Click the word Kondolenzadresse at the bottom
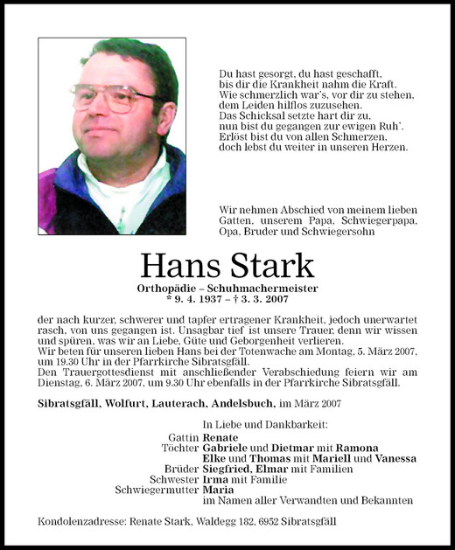[x=80, y=522]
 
